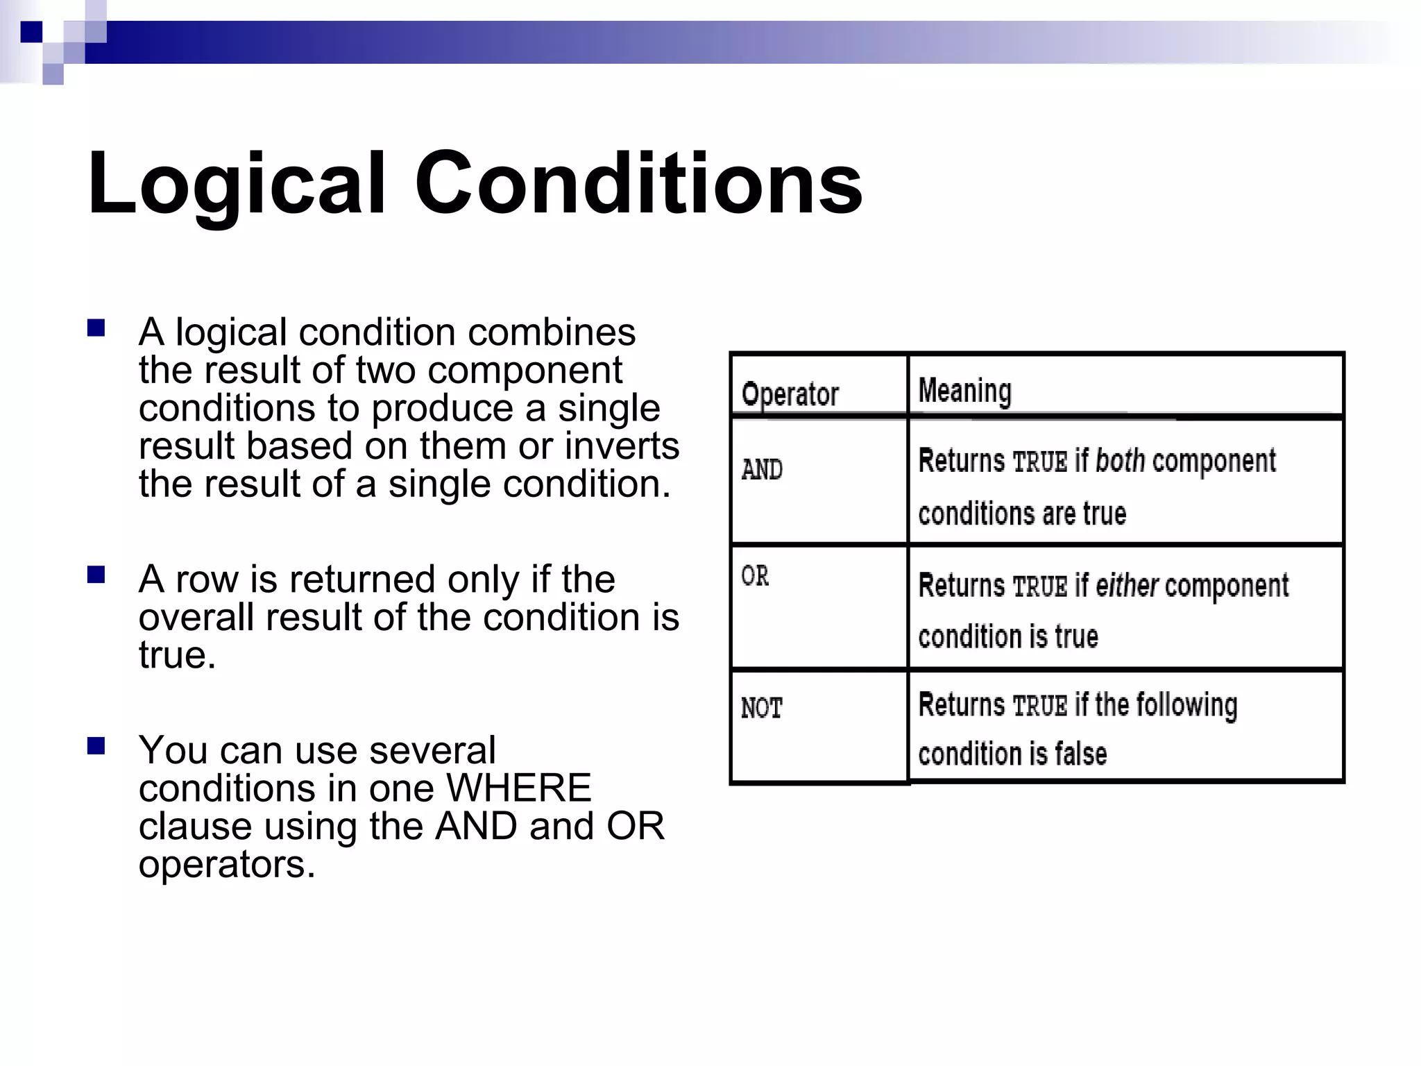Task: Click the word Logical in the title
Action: click(x=236, y=184)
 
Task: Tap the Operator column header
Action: click(x=790, y=394)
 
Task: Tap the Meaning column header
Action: click(x=964, y=391)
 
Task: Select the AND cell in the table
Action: click(x=762, y=470)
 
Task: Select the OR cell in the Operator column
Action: click(x=755, y=576)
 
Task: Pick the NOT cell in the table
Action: click(x=761, y=709)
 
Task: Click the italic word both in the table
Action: click(x=1120, y=461)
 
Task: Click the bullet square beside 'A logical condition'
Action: click(x=96, y=328)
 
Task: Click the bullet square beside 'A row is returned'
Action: click(x=96, y=575)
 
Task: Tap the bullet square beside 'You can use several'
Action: click(x=96, y=746)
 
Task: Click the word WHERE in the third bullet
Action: click(x=518, y=788)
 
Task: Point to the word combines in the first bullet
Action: click(x=551, y=332)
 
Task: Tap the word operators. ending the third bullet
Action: click(x=227, y=864)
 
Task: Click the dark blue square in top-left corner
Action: click(x=31, y=32)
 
